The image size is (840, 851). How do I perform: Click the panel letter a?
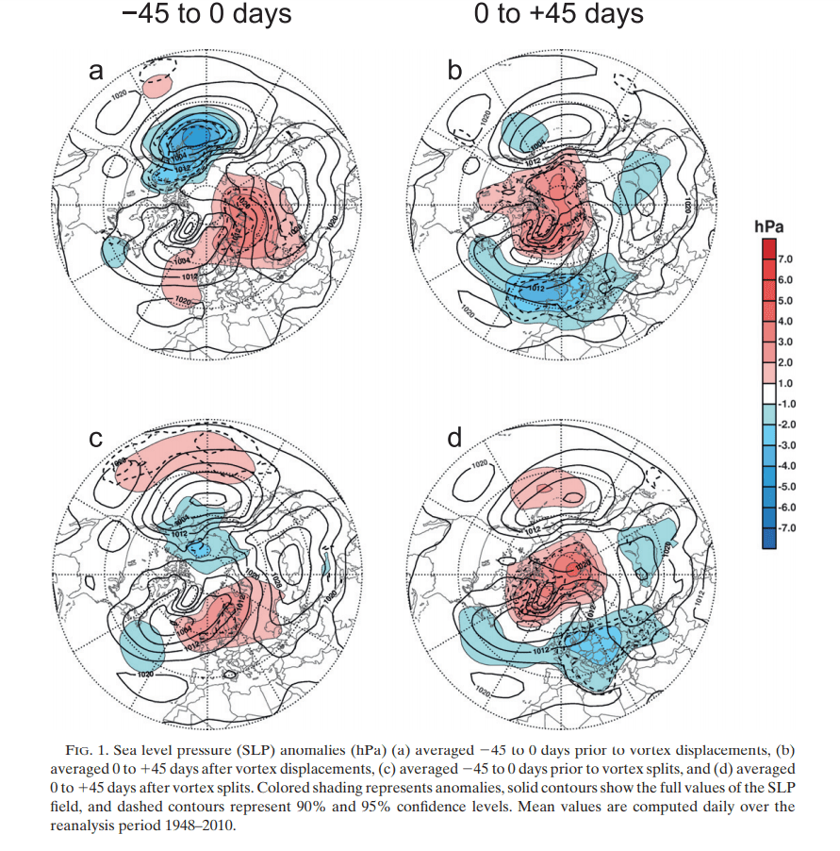(x=94, y=71)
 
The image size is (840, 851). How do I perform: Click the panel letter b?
(x=454, y=71)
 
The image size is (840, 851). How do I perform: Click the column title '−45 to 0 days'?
(x=206, y=15)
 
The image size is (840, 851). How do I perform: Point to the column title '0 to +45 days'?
(x=559, y=15)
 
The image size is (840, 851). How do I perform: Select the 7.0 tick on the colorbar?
(x=786, y=258)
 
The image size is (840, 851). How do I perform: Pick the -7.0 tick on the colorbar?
(x=787, y=527)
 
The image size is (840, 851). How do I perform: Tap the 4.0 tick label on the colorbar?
(x=786, y=320)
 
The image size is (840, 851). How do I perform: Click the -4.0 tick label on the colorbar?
(x=787, y=465)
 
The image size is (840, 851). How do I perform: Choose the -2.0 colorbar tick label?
(x=787, y=424)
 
